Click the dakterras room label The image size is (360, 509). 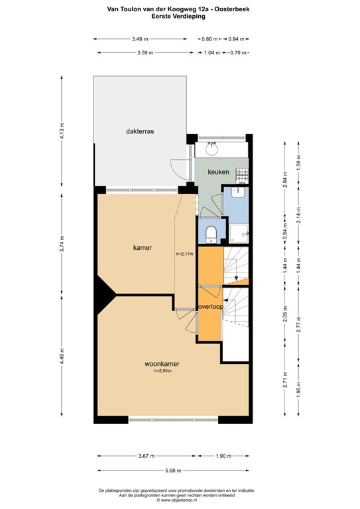click(x=140, y=132)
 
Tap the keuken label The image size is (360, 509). click(x=218, y=172)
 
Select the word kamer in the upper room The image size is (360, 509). click(x=143, y=248)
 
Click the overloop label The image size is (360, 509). click(x=210, y=307)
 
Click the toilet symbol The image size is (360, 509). click(x=210, y=233)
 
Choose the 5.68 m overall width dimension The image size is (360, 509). click(x=174, y=471)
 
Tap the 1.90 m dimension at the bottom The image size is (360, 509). click(x=224, y=456)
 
